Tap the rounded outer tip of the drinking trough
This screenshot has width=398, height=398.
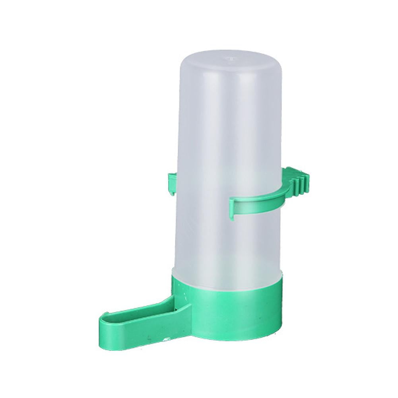point(103,326)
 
